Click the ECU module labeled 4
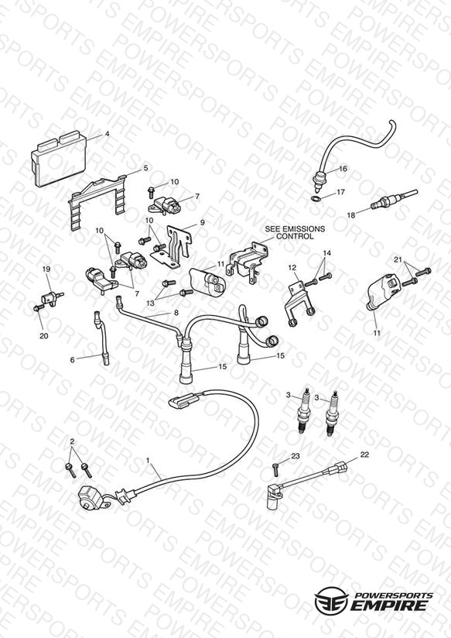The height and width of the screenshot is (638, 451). (59, 159)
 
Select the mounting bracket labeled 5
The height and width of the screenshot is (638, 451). (97, 200)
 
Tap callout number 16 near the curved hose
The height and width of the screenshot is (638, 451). (343, 169)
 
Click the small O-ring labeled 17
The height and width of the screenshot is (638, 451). (315, 198)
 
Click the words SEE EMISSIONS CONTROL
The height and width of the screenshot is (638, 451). (295, 232)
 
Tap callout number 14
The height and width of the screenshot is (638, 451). (327, 253)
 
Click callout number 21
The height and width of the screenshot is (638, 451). (398, 259)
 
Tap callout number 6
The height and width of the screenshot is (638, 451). (73, 360)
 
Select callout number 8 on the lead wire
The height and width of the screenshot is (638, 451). (176, 313)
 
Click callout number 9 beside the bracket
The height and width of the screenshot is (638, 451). (202, 222)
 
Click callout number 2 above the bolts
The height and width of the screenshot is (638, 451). (73, 441)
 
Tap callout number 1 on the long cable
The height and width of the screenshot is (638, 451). (148, 460)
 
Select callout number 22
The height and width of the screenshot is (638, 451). (364, 454)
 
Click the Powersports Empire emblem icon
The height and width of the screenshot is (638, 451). (331, 599)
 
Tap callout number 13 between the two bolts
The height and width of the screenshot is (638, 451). (151, 304)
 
